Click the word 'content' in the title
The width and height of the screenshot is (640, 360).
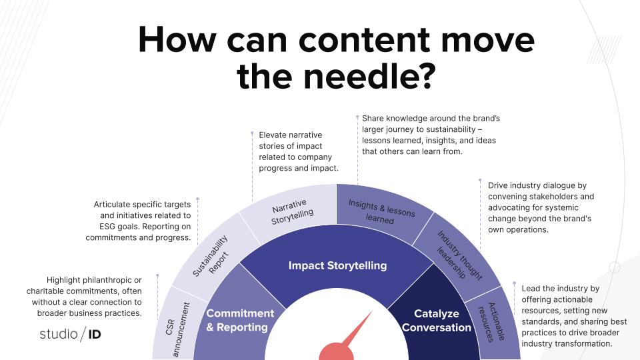[x=356, y=40]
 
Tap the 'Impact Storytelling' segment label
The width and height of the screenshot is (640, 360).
[x=337, y=265]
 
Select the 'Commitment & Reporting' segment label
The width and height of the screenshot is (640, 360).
[x=240, y=320]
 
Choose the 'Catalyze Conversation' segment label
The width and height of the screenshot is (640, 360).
[x=437, y=320]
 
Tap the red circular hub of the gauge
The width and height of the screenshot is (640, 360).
[x=337, y=353]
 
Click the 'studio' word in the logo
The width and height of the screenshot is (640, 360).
[x=58, y=333]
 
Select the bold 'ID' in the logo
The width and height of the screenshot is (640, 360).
[x=94, y=334]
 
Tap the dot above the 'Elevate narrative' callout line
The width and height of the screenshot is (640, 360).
[x=252, y=133]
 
